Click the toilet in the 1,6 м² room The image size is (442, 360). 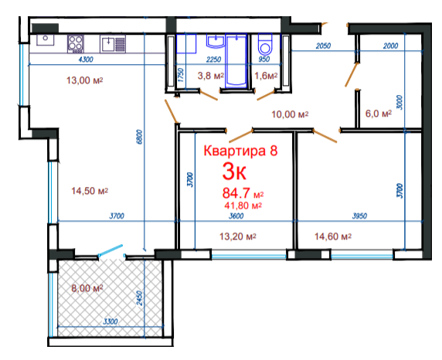click(265, 44)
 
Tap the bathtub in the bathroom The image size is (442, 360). click(236, 59)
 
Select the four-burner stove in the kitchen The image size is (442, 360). click(76, 44)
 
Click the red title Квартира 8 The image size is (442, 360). click(240, 151)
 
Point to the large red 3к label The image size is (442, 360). click(234, 172)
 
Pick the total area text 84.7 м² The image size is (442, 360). click(243, 193)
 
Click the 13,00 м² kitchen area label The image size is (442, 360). click(84, 80)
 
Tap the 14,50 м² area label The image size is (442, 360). click(90, 191)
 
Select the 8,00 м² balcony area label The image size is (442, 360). click(87, 288)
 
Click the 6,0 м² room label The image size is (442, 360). click(379, 114)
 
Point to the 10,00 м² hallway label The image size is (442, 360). click(290, 114)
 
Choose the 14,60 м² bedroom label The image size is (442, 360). click(333, 236)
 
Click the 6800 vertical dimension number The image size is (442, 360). click(140, 137)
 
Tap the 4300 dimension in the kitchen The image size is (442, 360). click(86, 59)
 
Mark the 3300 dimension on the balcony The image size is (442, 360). click(110, 321)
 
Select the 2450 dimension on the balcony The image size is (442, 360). click(140, 298)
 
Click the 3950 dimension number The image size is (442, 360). click(359, 216)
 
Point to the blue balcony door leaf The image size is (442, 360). click(110, 250)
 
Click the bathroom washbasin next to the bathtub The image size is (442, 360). click(216, 41)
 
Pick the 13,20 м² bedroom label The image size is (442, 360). click(238, 236)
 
